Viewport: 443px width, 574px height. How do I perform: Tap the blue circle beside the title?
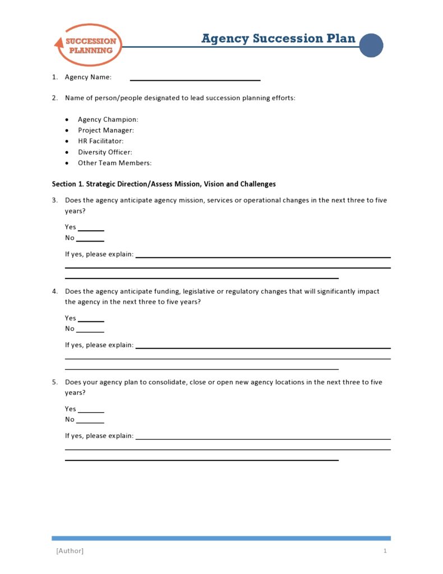[x=371, y=45]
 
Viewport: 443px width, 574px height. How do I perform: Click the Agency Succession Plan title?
[x=278, y=38]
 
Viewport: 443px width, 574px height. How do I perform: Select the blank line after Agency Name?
[x=195, y=79]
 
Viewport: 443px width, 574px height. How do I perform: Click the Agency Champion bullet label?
[x=108, y=120]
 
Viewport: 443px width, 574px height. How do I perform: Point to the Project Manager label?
[x=106, y=130]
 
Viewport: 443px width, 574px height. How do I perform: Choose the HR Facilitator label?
[x=101, y=141]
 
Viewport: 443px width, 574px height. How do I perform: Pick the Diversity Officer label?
[x=105, y=152]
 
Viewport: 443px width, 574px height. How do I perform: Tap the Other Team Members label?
[x=115, y=163]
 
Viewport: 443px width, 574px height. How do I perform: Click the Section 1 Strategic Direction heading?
[x=164, y=184]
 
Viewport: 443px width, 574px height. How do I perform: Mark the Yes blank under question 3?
[x=91, y=229]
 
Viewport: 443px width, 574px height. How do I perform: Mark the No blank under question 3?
[x=90, y=240]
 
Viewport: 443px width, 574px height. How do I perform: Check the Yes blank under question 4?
[x=91, y=320]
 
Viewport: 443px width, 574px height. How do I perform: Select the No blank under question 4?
[x=90, y=331]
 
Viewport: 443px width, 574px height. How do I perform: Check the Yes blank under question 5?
[x=91, y=411]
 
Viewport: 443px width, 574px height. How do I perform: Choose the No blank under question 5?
[x=90, y=422]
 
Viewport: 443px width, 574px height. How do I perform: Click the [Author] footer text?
[x=70, y=551]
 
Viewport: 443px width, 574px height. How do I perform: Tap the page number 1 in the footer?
[x=385, y=551]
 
